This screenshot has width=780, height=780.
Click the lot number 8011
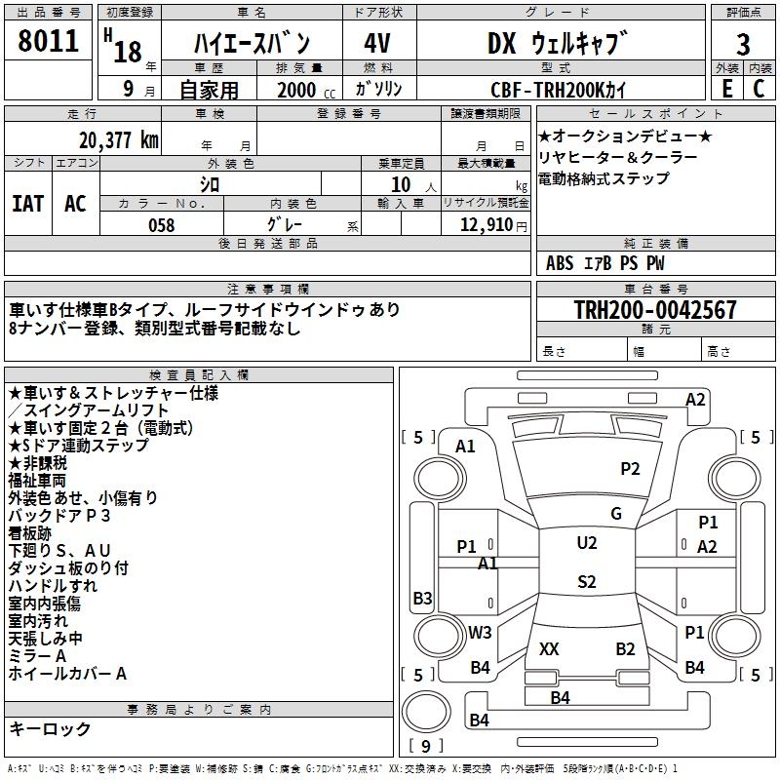click(49, 40)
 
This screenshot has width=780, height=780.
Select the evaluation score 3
click(743, 45)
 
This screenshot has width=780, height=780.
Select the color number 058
click(161, 225)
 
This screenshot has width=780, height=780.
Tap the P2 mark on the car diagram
click(631, 469)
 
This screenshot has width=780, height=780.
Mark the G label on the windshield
click(615, 514)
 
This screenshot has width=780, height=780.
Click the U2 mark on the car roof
click(586, 543)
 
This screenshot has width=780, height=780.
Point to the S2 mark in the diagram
click(586, 582)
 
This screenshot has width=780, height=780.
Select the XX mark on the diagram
click(549, 648)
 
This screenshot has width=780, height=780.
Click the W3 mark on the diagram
click(480, 633)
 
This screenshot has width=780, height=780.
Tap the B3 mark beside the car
click(422, 598)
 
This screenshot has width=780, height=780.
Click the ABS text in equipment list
click(560, 263)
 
